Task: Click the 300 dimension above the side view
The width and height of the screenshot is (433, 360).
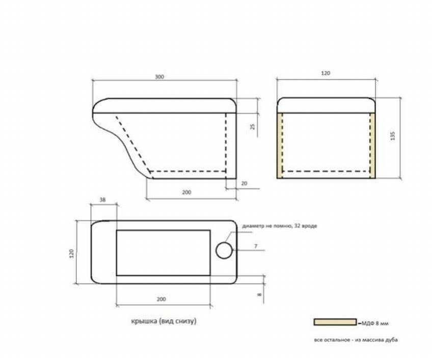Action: (159, 77)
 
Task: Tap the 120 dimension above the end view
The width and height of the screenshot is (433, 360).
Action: (326, 73)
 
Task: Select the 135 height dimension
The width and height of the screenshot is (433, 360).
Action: (393, 136)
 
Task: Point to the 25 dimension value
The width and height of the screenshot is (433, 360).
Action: (252, 127)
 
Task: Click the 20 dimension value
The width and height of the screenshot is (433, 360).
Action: (244, 183)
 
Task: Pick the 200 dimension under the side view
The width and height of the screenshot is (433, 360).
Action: (186, 192)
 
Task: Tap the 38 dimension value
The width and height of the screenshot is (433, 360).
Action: (102, 200)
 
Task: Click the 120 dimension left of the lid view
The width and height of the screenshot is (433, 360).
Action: (72, 254)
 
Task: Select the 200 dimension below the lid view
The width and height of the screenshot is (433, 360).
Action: (161, 299)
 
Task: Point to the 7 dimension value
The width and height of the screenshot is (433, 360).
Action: (256, 246)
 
